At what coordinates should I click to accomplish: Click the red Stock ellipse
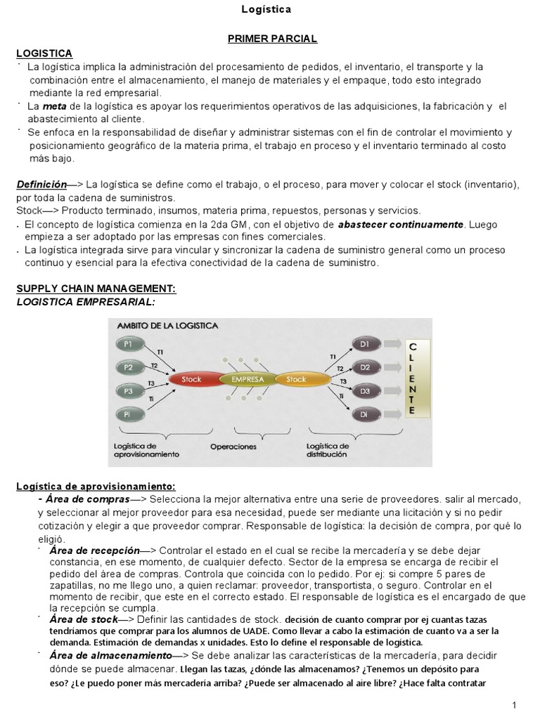pyautogui.click(x=191, y=379)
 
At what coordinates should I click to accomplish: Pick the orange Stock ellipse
pyautogui.click(x=296, y=379)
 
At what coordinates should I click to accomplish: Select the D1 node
pyautogui.click(x=365, y=344)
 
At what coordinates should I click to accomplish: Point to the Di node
pyautogui.click(x=365, y=414)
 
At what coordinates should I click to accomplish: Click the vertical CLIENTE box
pyautogui.click(x=412, y=379)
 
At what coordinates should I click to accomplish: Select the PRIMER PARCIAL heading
pyautogui.click(x=271, y=39)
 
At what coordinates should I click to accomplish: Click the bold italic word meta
pyautogui.click(x=53, y=106)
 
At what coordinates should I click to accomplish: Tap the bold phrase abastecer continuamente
pyautogui.click(x=401, y=225)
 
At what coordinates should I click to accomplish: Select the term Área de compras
pyautogui.click(x=89, y=499)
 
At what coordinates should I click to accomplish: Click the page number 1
pyautogui.click(x=515, y=705)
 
